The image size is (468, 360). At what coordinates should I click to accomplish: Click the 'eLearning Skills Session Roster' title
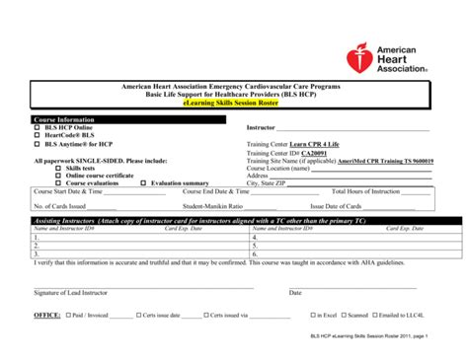(232, 103)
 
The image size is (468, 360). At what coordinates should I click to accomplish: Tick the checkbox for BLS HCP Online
(38, 127)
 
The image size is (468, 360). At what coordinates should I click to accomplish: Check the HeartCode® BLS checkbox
(38, 135)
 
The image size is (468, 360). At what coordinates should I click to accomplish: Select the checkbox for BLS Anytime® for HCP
(38, 144)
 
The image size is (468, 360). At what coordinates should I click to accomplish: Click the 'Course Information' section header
(64, 118)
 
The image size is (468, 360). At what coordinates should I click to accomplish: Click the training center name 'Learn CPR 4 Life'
(322, 143)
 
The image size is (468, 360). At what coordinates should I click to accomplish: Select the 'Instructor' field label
(261, 127)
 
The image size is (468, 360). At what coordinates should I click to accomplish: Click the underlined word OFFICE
(46, 316)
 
